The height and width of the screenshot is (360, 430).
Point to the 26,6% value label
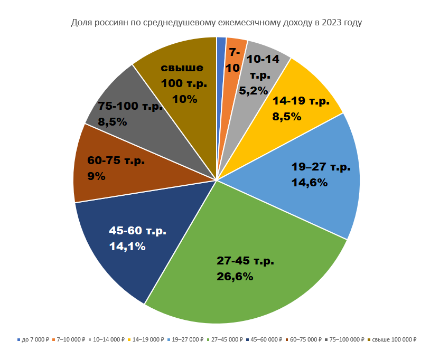pos(235,276)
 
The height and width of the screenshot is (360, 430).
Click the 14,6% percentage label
pos(310,183)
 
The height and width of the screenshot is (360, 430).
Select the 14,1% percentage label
pos(127,246)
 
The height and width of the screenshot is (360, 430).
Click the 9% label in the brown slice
pos(96,176)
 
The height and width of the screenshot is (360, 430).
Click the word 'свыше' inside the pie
pos(182,68)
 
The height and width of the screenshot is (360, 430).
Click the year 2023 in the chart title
pos(331,23)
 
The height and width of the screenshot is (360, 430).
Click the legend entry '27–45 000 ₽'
pos(227,339)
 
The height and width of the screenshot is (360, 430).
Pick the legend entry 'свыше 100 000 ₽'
pos(395,339)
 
